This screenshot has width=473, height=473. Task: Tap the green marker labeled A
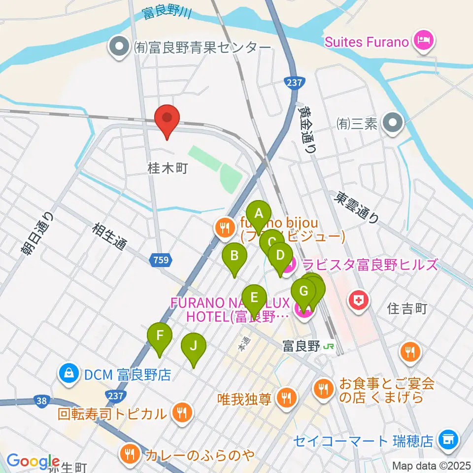coord(259,215)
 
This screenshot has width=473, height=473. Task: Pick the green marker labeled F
coord(160,337)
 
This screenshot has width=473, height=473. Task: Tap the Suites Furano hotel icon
coord(423,41)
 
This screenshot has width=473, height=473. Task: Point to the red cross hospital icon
coord(358,300)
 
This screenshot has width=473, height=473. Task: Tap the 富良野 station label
coord(301,346)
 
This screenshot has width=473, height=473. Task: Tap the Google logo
coord(32,461)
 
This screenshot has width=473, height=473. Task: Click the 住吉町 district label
coord(406,309)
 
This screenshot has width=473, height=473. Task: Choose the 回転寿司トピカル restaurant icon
coord(182,413)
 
